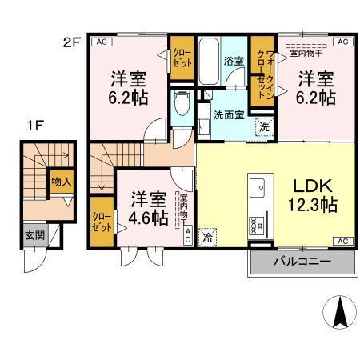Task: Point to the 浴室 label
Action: point(234,59)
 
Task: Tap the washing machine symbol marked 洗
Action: point(263,126)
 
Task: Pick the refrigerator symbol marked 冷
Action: point(207,237)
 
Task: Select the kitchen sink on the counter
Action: point(259,190)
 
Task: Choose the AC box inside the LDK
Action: point(341,240)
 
